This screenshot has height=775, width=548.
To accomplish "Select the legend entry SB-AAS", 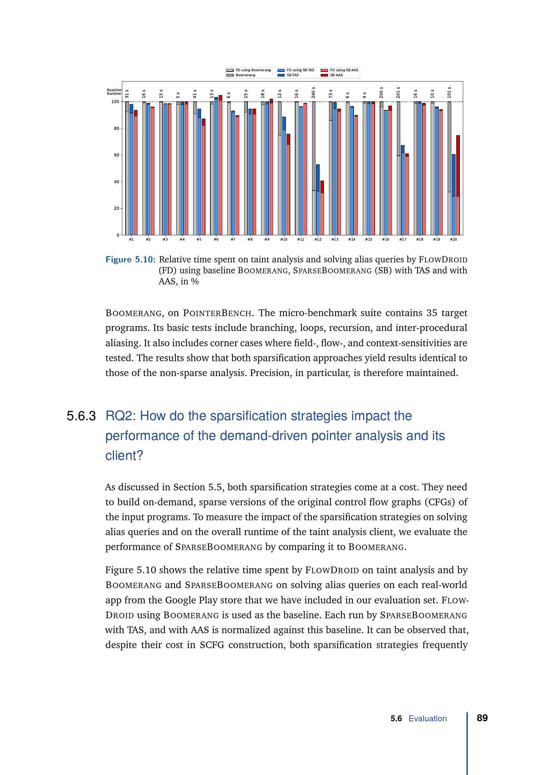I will [x=336, y=75].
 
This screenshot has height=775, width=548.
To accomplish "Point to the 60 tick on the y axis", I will [x=116, y=155].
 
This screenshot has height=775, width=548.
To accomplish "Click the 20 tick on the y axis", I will [x=116, y=208].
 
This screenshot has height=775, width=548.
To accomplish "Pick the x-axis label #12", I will [x=318, y=239].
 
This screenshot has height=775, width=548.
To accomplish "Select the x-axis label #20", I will [x=454, y=239].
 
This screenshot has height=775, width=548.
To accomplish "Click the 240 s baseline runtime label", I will [x=313, y=92].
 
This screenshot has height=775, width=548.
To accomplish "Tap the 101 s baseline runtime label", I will [x=449, y=92].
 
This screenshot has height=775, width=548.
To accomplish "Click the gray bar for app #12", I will [x=314, y=169].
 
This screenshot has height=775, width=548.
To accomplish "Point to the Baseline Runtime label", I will [x=114, y=92].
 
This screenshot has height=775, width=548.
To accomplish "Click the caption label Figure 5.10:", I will [x=130, y=259].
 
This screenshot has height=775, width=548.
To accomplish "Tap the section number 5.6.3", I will [x=81, y=416].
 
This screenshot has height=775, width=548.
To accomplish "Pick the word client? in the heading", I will [x=124, y=456].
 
